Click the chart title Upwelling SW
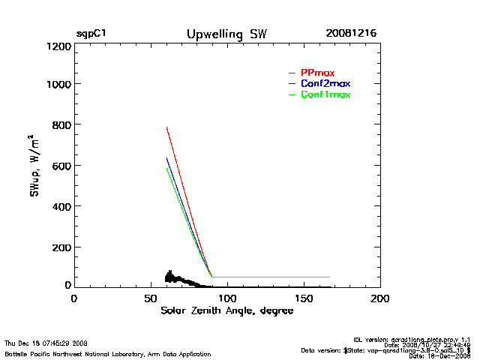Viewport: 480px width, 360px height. tap(226, 34)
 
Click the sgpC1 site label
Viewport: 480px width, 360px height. tap(91, 34)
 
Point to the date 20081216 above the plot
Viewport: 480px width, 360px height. tap(351, 34)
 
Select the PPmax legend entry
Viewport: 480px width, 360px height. tap(317, 72)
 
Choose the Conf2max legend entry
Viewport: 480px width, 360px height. tap(325, 83)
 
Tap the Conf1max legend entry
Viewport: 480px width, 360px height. tap(325, 94)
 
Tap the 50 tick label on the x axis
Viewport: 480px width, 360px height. tap(150, 298)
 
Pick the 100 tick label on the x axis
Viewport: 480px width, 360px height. tap(226, 298)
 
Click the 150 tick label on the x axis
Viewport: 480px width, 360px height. tap(304, 298)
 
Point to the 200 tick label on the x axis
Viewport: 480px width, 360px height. tap(380, 298)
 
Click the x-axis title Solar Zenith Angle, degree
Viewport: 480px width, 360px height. tap(227, 311)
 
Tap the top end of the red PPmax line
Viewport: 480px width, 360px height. tap(166, 127)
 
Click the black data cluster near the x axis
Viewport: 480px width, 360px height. tap(174, 278)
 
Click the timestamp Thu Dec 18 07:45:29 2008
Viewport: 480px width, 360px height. tap(46, 343)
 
